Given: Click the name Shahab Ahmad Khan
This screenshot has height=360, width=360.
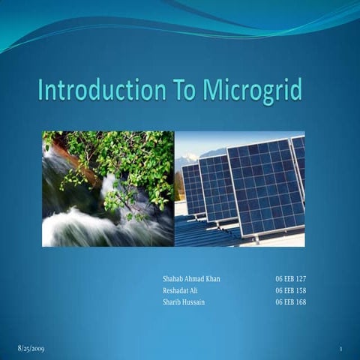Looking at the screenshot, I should [191, 278].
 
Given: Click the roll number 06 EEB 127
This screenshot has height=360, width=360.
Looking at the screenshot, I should [290, 278].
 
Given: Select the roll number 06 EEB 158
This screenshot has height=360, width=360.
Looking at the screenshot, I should [290, 290].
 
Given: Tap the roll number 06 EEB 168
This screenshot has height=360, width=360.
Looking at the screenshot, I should [290, 302].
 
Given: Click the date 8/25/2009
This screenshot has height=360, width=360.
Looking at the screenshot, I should [31, 349].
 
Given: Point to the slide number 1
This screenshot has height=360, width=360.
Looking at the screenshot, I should [340, 349].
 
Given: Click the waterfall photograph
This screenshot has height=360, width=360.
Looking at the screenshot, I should [107, 189].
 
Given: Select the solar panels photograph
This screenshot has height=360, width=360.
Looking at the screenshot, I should [239, 189].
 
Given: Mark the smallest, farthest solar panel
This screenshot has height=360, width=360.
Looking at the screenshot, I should [193, 189].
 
